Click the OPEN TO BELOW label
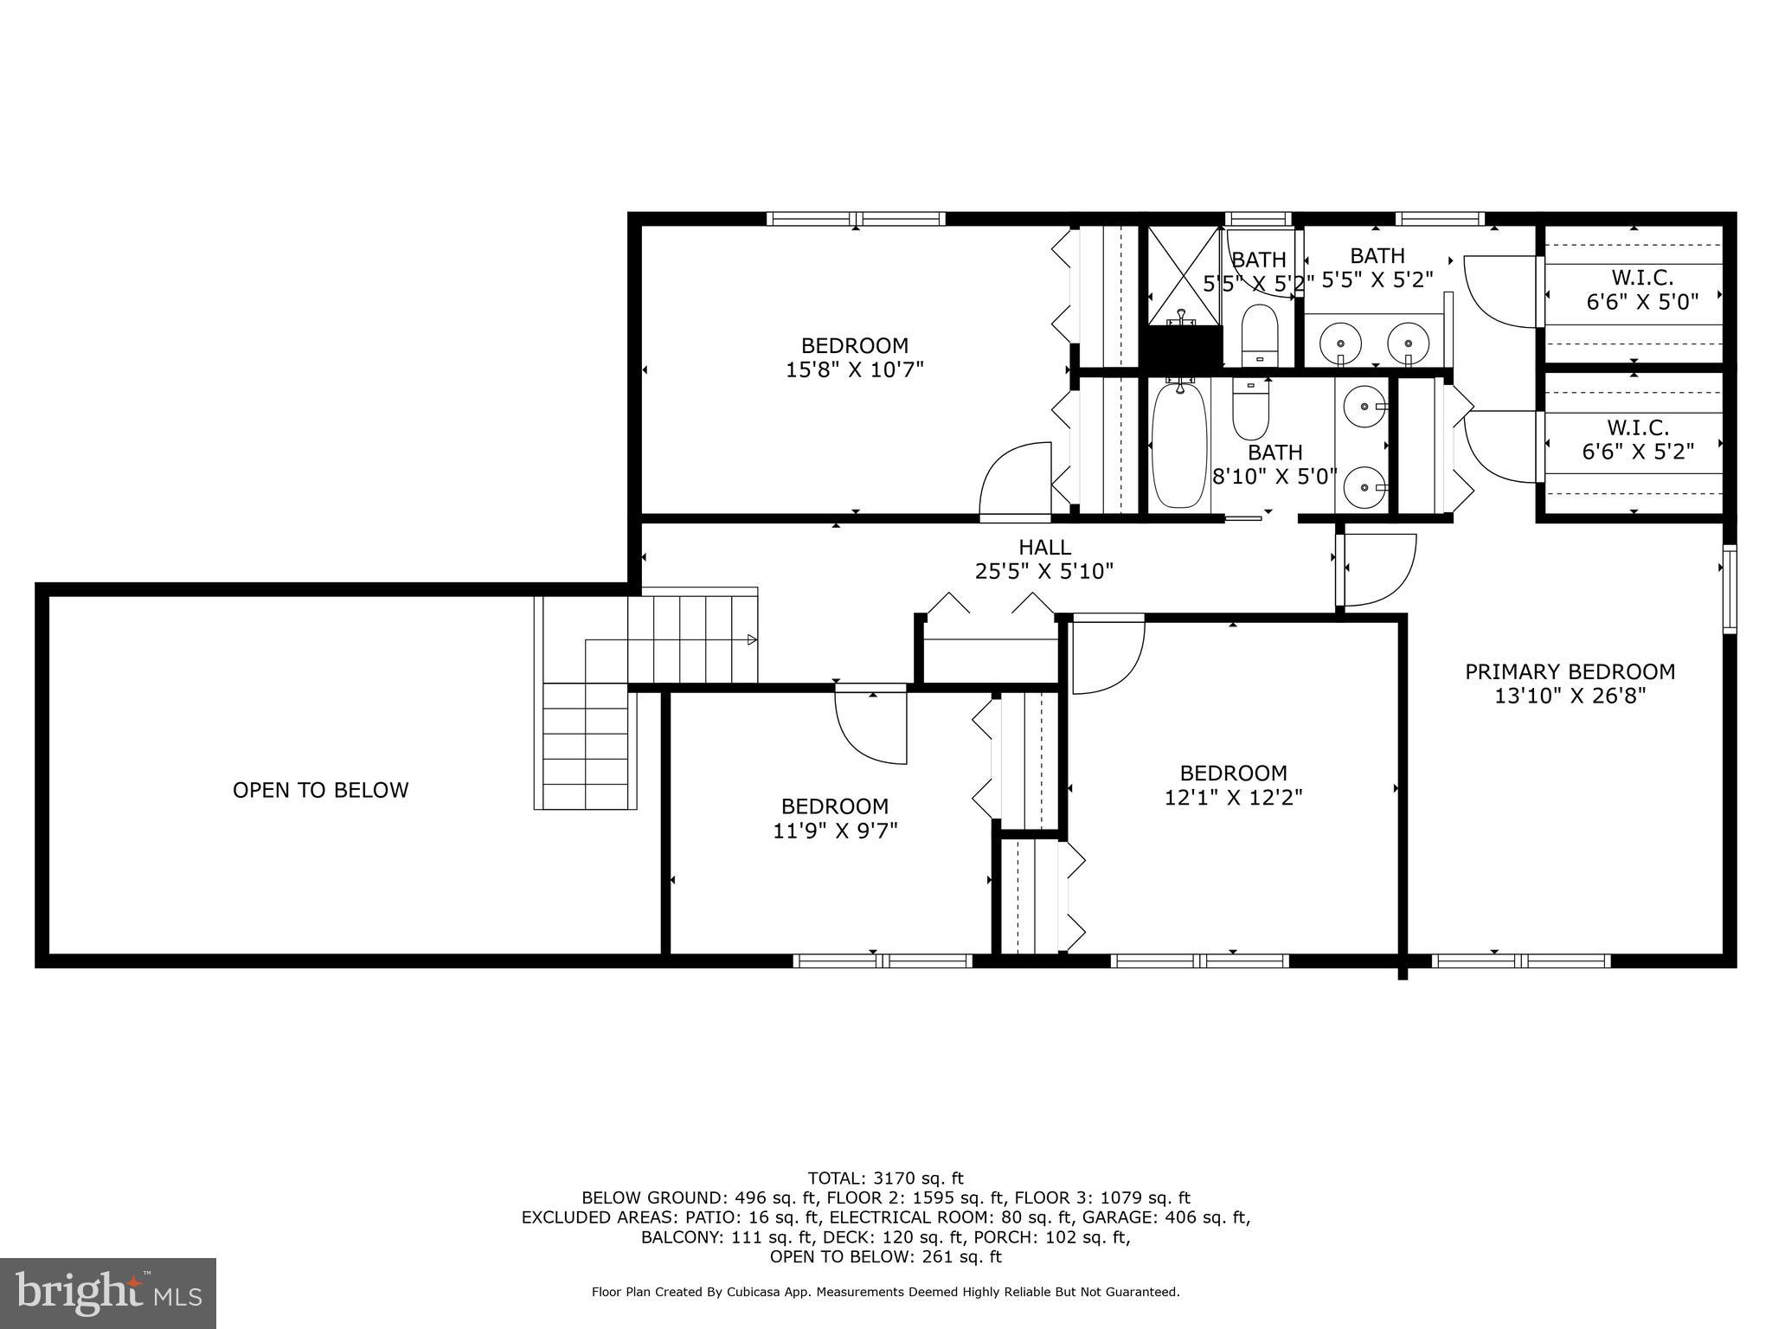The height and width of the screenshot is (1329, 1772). tap(320, 790)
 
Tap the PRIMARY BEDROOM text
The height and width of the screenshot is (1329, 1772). tap(1570, 672)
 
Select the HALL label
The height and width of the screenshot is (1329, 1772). tap(1044, 548)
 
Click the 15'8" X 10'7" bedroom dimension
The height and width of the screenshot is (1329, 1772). tap(854, 370)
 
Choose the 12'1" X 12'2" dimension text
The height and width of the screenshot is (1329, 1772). tap(1233, 798)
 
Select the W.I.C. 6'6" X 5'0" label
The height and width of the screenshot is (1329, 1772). tap(1641, 290)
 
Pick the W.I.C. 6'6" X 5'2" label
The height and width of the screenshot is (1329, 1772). tap(1637, 440)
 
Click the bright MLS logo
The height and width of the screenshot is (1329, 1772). tap(108, 1293)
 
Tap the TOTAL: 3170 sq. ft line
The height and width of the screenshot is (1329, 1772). tap(885, 1178)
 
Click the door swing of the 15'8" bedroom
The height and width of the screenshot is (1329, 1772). tap(1015, 480)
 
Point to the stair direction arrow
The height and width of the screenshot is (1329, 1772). tap(752, 640)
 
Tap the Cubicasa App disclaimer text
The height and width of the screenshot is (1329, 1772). tap(885, 1293)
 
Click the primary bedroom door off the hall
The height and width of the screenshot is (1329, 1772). tap(1377, 569)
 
